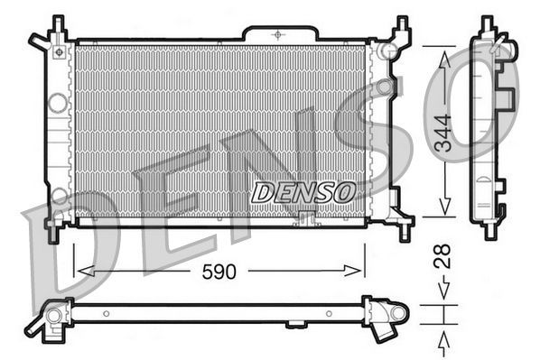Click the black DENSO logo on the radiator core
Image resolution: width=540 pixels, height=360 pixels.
(303, 191)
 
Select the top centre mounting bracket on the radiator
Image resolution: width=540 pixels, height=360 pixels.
(280, 32)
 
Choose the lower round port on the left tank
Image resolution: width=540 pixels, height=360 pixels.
(59, 194)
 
